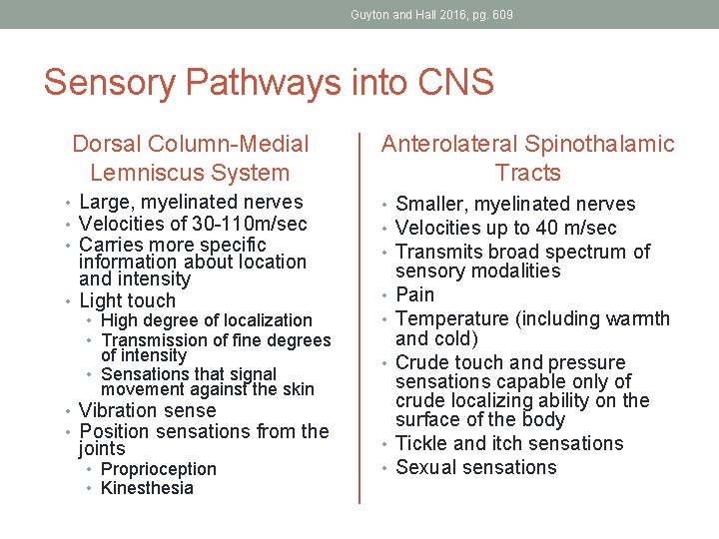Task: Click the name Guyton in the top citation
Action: click(x=369, y=15)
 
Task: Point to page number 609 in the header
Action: click(x=502, y=15)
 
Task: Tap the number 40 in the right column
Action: click(x=558, y=228)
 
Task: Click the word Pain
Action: click(x=415, y=294)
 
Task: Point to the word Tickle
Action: click(x=422, y=443)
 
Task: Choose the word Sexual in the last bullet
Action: click(x=426, y=467)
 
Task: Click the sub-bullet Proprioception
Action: click(x=159, y=469)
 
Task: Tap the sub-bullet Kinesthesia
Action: click(x=148, y=488)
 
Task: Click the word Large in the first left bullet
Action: click(x=105, y=203)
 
